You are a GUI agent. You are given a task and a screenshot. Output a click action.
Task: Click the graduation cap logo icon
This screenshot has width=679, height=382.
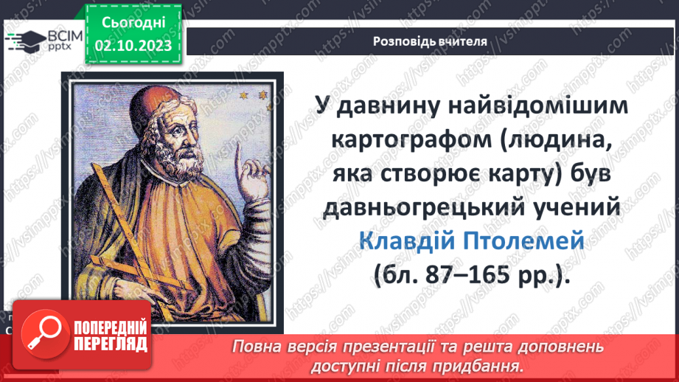pos(25,41)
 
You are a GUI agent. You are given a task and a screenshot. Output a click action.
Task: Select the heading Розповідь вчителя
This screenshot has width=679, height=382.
pos(430,41)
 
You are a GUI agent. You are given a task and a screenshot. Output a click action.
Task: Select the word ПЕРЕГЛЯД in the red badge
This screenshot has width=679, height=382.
pos(111,344)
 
